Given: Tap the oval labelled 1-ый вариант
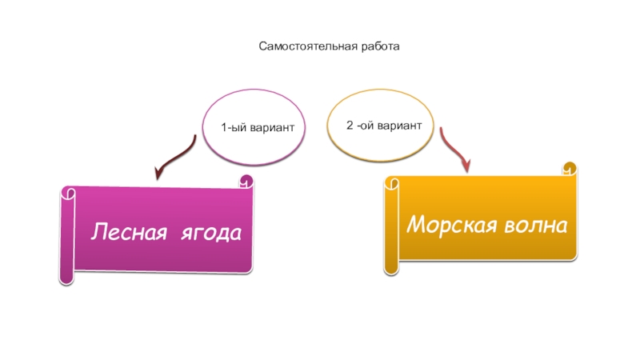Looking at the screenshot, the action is tap(254, 127).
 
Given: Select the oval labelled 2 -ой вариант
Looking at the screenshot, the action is tap(381, 126).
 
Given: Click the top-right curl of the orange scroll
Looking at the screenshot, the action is tap(570, 169).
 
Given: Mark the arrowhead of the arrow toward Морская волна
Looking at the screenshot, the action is tap(465, 166).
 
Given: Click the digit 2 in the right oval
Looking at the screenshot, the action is tap(350, 126).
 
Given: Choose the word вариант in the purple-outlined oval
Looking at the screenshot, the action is tap(274, 128).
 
